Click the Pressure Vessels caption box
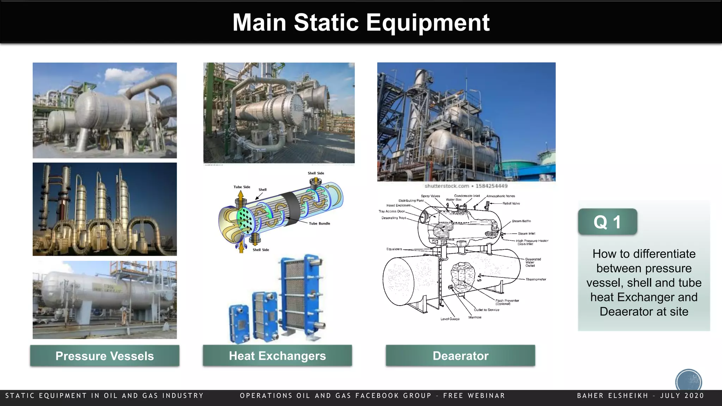tap(105, 356)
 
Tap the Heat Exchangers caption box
tap(277, 356)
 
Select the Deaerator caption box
tap(460, 356)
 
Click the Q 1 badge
tap(607, 222)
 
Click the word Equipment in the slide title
tap(428, 23)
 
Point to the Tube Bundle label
tap(319, 223)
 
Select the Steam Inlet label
tap(526, 233)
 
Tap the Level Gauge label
tap(450, 319)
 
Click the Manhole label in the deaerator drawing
tap(475, 317)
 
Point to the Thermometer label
tap(536, 279)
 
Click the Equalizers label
tap(394, 249)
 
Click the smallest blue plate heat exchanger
tap(239, 324)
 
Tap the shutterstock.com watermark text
tap(447, 186)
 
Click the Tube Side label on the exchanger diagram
tap(242, 187)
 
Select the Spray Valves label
tap(430, 196)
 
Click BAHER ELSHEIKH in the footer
tap(613, 395)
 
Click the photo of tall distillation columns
tap(105, 209)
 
